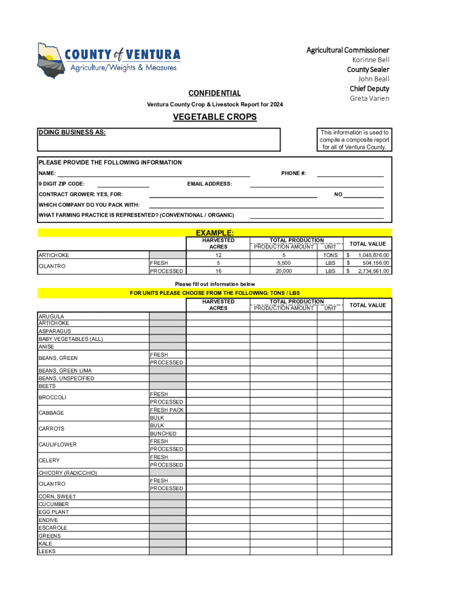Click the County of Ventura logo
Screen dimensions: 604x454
pyautogui.click(x=109, y=61)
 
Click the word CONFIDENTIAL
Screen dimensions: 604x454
pyautogui.click(x=214, y=93)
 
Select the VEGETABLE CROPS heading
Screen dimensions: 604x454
pyautogui.click(x=215, y=117)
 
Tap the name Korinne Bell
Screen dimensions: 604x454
pyautogui.click(x=371, y=60)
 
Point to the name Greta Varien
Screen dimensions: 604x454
pyautogui.click(x=370, y=99)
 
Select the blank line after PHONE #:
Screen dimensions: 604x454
pyautogui.click(x=350, y=173)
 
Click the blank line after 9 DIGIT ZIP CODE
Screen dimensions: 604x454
pyautogui.click(x=123, y=184)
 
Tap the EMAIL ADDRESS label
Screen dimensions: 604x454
pyautogui.click(x=209, y=184)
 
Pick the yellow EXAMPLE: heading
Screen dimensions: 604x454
pyautogui.click(x=215, y=233)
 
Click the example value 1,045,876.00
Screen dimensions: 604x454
pyautogui.click(x=373, y=255)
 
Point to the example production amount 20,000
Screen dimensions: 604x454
pyautogui.click(x=284, y=271)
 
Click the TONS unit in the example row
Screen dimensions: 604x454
pyautogui.click(x=331, y=255)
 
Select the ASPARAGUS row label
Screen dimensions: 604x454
pyautogui.click(x=54, y=331)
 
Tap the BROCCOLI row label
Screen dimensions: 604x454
pyautogui.click(x=52, y=398)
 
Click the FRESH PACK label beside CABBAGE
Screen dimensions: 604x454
pyautogui.click(x=167, y=410)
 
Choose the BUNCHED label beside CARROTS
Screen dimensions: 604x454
pyautogui.click(x=163, y=434)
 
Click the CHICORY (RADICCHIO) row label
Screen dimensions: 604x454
pyautogui.click(x=68, y=473)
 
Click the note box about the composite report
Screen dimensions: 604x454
pyautogui.click(x=354, y=140)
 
